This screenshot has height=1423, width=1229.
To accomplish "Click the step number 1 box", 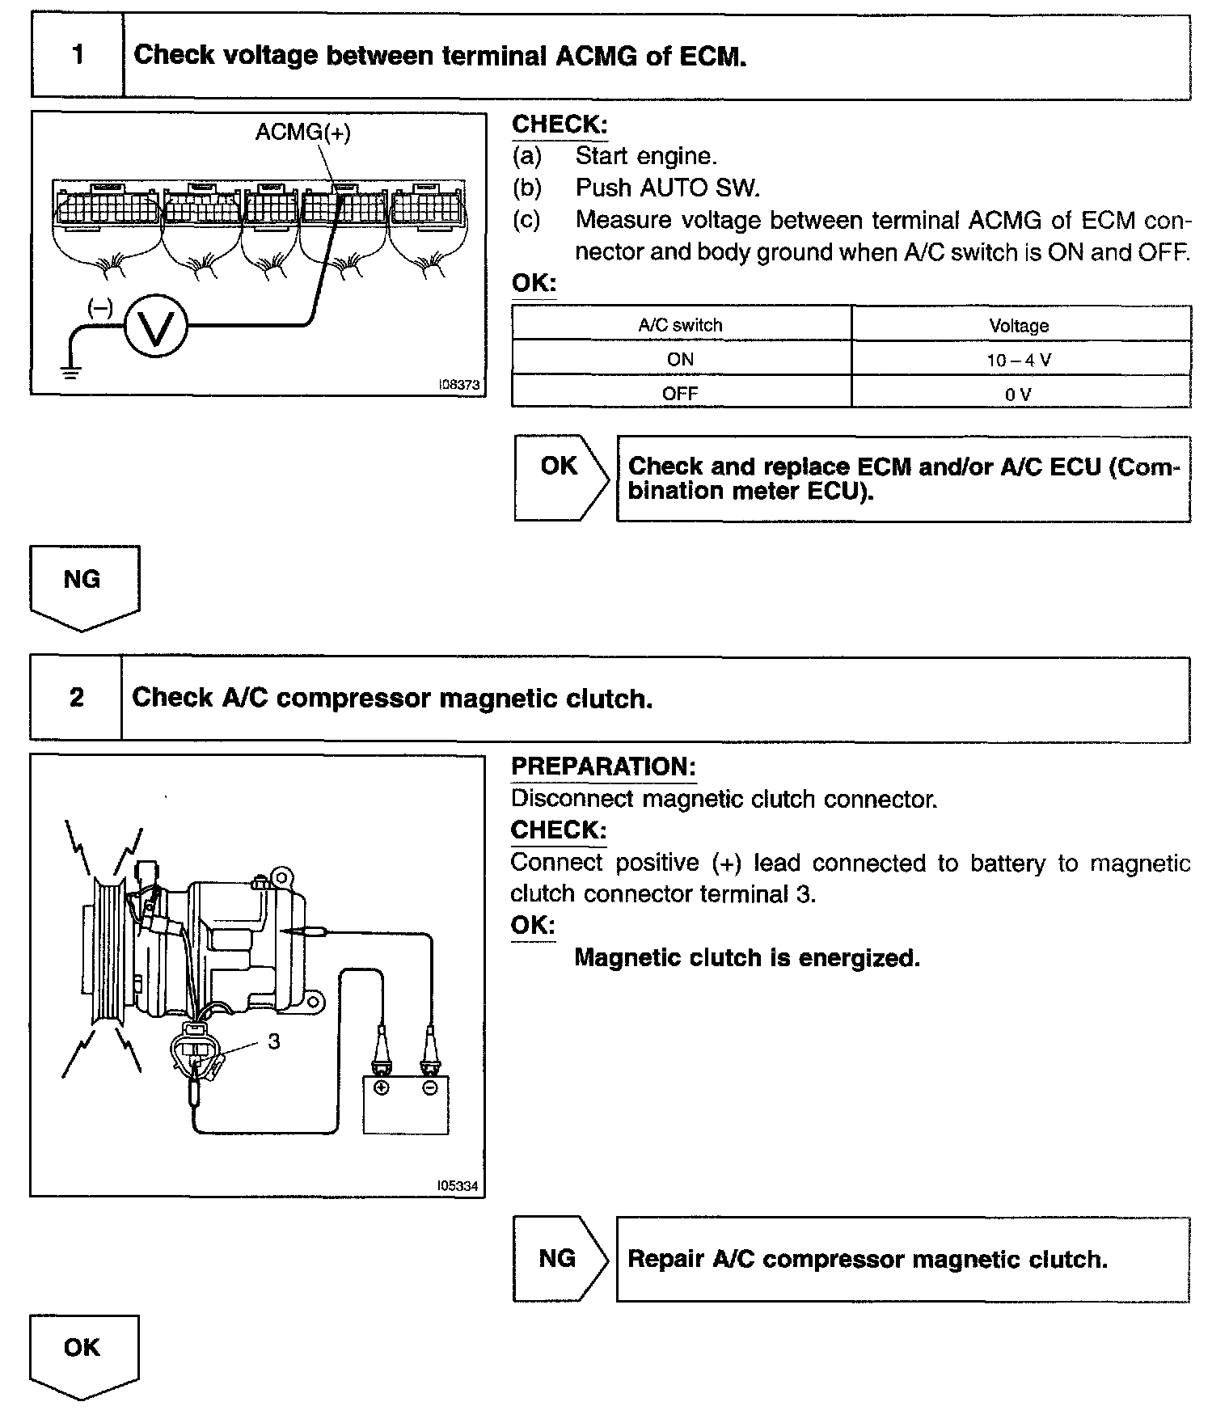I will [x=78, y=56].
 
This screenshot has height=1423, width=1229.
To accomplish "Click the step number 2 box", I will [x=76, y=698].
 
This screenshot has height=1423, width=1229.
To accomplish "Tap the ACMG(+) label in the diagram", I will [x=302, y=133].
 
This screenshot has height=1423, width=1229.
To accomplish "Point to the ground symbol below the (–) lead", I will [x=71, y=372].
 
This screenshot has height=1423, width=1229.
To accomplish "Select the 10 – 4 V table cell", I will [x=1019, y=360].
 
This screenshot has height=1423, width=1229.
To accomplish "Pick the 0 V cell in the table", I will [x=1019, y=395].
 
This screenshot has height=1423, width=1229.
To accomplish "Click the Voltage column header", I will [x=1019, y=326].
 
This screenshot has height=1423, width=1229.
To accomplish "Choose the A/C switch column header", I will [x=680, y=325].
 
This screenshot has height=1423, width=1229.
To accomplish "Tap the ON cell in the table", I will [x=680, y=359].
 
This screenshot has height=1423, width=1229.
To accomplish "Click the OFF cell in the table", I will [x=680, y=394].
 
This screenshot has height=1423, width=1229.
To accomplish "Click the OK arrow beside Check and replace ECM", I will [x=560, y=477].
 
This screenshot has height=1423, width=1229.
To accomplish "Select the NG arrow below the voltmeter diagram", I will [x=83, y=586].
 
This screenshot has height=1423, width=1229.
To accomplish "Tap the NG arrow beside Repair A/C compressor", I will [x=559, y=1259].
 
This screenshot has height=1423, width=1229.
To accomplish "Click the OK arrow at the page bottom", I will [x=83, y=1354].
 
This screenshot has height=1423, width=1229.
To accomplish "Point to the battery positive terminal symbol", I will [x=381, y=1087].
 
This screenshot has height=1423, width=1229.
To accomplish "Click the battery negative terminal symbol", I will [x=429, y=1087].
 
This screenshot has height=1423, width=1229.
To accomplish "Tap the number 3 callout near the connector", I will [x=273, y=1041].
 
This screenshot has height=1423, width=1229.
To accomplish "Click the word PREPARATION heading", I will [x=603, y=766].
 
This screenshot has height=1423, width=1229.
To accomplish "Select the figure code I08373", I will [x=458, y=385].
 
